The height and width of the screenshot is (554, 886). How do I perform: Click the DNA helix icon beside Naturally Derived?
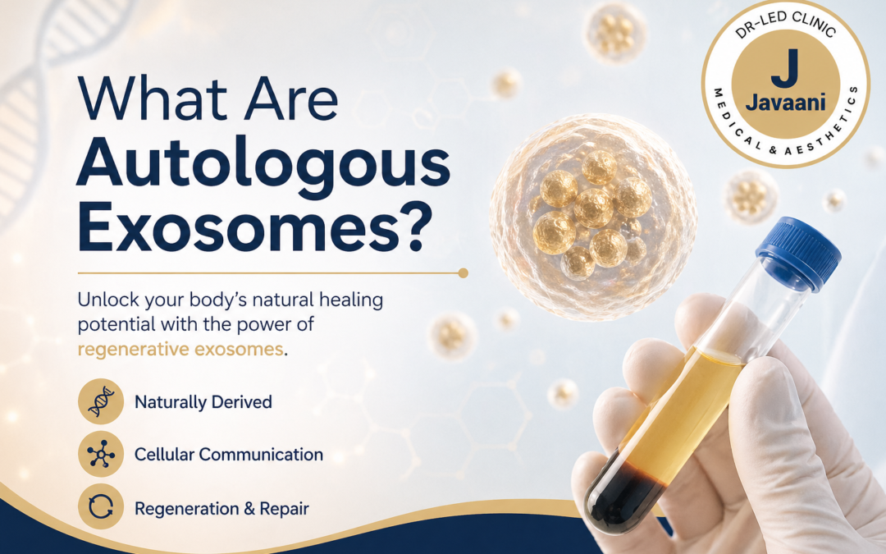pos(100,402)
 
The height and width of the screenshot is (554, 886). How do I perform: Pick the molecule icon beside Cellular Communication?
pos(100,455)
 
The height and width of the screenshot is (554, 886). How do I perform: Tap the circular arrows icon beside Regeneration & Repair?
pos(100,508)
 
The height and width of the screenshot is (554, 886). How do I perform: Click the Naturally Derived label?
pos(203,402)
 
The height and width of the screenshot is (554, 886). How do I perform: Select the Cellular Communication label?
pos(228,455)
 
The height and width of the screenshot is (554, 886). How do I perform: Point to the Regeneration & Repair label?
pos(221,509)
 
